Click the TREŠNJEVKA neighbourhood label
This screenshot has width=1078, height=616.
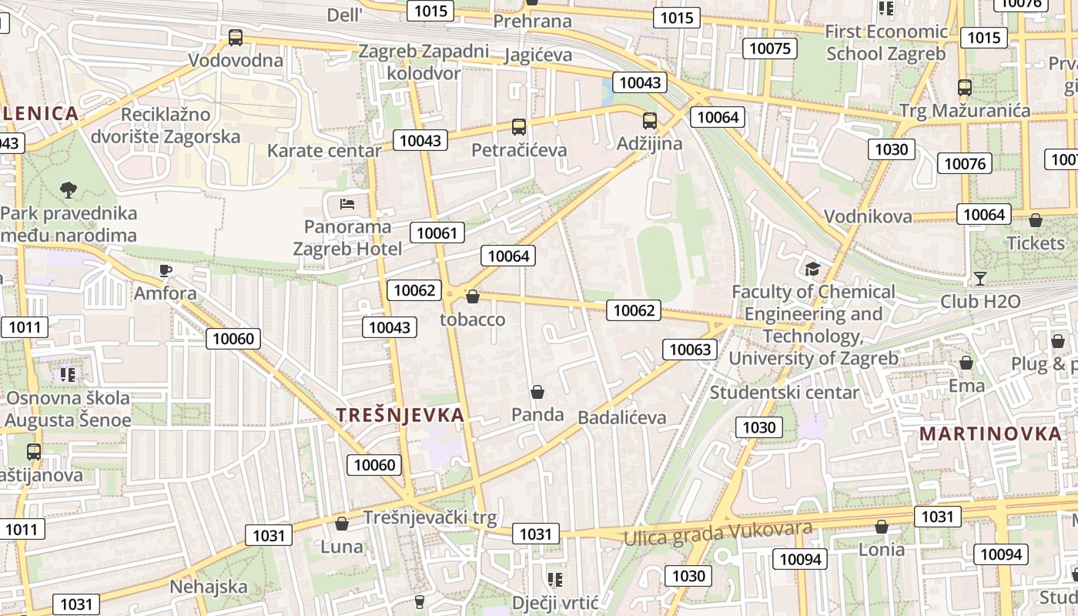pos(400,415)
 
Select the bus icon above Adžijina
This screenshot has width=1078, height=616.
pos(650,121)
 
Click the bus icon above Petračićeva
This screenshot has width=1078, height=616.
pos(519,127)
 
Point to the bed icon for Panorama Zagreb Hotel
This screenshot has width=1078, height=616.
pos(347,204)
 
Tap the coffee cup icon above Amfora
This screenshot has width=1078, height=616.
pos(165,270)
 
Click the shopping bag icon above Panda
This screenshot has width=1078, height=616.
pos(537,393)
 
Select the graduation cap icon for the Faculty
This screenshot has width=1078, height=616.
pos(812,269)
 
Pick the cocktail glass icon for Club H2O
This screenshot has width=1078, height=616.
pos(979,278)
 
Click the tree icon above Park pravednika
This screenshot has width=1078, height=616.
pos(69,189)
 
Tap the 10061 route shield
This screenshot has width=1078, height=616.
pos(437,233)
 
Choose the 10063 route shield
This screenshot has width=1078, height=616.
pos(690,350)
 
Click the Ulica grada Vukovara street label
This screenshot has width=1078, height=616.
pos(718,531)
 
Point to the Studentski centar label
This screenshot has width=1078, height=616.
pos(784,392)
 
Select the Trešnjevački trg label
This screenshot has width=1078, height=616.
pos(430,517)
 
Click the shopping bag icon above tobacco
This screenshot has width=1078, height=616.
pos(473,296)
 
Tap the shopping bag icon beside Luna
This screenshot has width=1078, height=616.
pos(342,524)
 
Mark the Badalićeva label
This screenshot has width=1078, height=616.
pos(621,417)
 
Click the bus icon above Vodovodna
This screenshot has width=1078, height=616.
pos(236,37)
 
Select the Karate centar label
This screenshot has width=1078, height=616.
pos(323,150)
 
